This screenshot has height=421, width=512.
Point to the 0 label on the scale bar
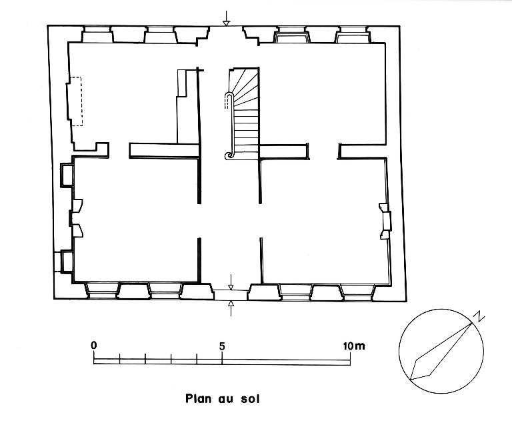click(94, 346)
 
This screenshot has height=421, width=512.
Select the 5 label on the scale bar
click(222, 346)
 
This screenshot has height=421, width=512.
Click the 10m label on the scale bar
click(353, 346)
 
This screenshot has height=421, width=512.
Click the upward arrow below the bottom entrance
click(231, 308)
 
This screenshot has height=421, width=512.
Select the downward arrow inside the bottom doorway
click(231, 282)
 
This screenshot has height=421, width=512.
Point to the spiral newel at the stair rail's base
click(229, 155)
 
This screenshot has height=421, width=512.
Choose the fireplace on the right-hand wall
click(385, 221)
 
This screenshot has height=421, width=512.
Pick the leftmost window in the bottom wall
click(103, 290)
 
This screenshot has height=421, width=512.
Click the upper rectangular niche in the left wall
click(67, 175)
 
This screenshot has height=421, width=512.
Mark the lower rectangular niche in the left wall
click(66, 261)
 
